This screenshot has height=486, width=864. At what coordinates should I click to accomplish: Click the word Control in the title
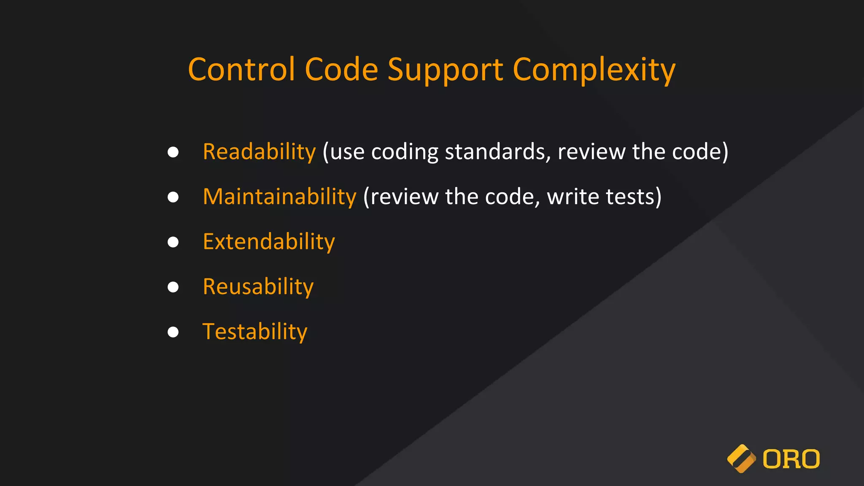(x=241, y=70)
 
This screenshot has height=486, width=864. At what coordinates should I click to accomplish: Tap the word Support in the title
(x=445, y=70)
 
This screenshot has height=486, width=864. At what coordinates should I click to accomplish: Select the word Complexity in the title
(x=594, y=70)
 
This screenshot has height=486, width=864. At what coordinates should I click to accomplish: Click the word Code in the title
(x=341, y=70)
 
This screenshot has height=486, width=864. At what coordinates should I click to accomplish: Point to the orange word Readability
(x=259, y=151)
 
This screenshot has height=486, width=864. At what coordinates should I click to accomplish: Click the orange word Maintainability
(x=279, y=197)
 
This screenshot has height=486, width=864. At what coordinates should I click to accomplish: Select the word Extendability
(x=269, y=242)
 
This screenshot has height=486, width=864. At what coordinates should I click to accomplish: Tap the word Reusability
(x=258, y=287)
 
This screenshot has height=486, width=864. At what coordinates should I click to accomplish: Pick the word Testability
(x=255, y=332)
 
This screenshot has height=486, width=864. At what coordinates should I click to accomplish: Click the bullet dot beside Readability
(x=173, y=152)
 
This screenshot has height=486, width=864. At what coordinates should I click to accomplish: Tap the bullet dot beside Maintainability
(x=173, y=197)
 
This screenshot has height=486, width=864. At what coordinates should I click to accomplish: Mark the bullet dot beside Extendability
(x=173, y=242)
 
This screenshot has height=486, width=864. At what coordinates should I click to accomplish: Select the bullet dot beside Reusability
(x=173, y=287)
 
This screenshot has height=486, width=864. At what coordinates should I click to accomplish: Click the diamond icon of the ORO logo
(x=741, y=459)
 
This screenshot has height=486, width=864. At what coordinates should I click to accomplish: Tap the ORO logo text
(x=791, y=459)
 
